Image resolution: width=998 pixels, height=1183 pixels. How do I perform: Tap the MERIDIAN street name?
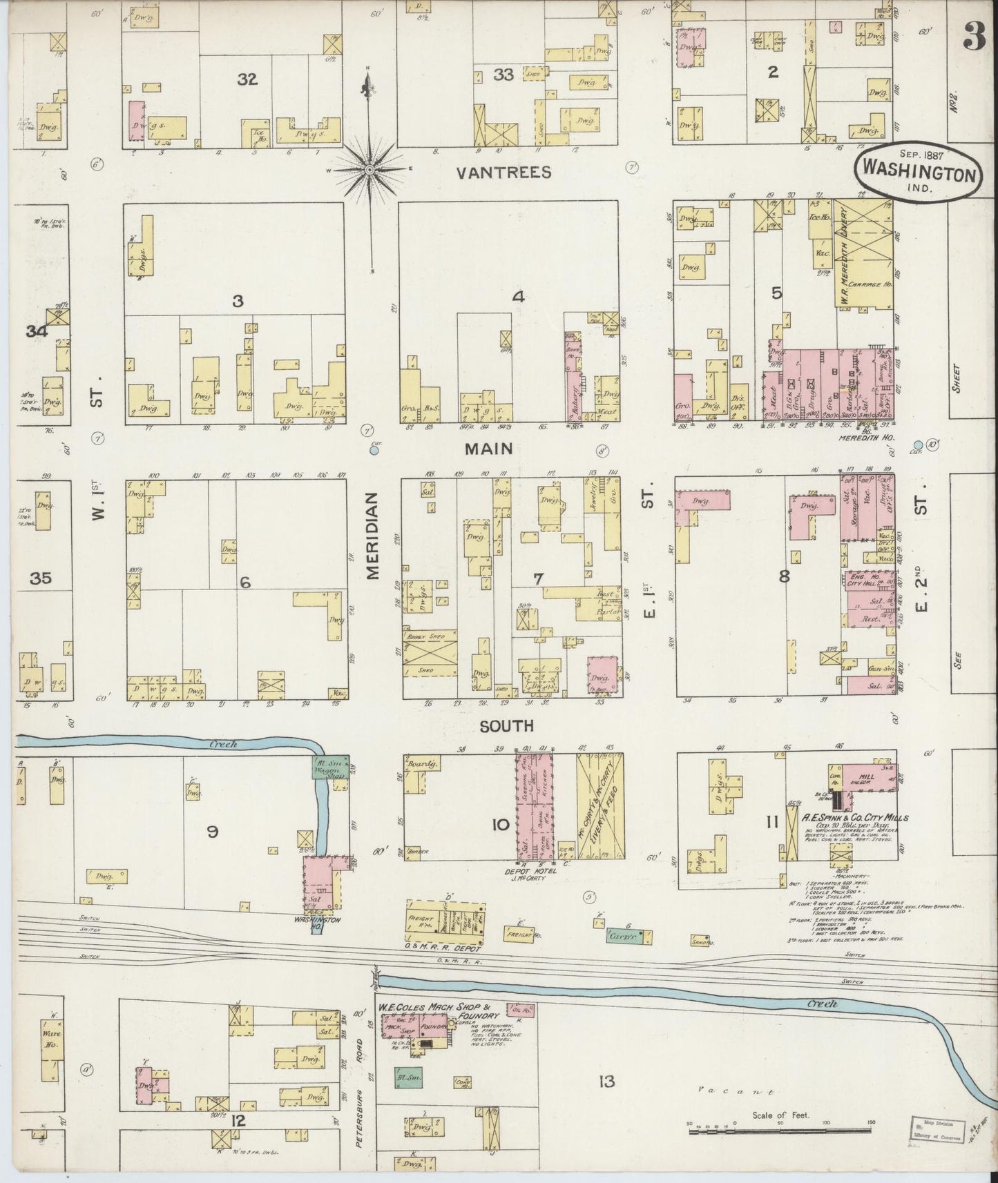point(373,536)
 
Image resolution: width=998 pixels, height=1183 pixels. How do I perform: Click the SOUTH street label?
point(507,726)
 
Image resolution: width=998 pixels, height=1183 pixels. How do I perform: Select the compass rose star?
point(370,169)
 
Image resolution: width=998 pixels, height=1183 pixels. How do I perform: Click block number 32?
point(247,79)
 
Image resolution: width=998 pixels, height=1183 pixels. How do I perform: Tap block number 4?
point(518,297)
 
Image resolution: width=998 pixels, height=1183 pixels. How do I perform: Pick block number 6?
point(244,583)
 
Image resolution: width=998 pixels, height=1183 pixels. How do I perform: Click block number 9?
point(213,832)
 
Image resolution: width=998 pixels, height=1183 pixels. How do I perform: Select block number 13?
point(606,1081)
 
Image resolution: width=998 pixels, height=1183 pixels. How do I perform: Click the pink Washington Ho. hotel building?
point(320,882)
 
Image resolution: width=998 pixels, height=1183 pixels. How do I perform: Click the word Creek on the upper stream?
point(223,744)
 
